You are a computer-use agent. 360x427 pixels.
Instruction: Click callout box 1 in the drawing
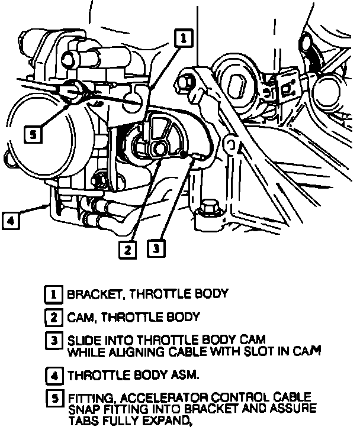point(184,38)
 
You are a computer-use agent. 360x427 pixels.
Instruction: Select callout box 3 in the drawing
point(155,248)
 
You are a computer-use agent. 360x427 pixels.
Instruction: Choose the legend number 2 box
point(54,318)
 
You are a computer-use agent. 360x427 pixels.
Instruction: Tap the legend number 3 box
point(54,341)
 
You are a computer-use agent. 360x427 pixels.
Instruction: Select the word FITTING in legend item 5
point(86,397)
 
